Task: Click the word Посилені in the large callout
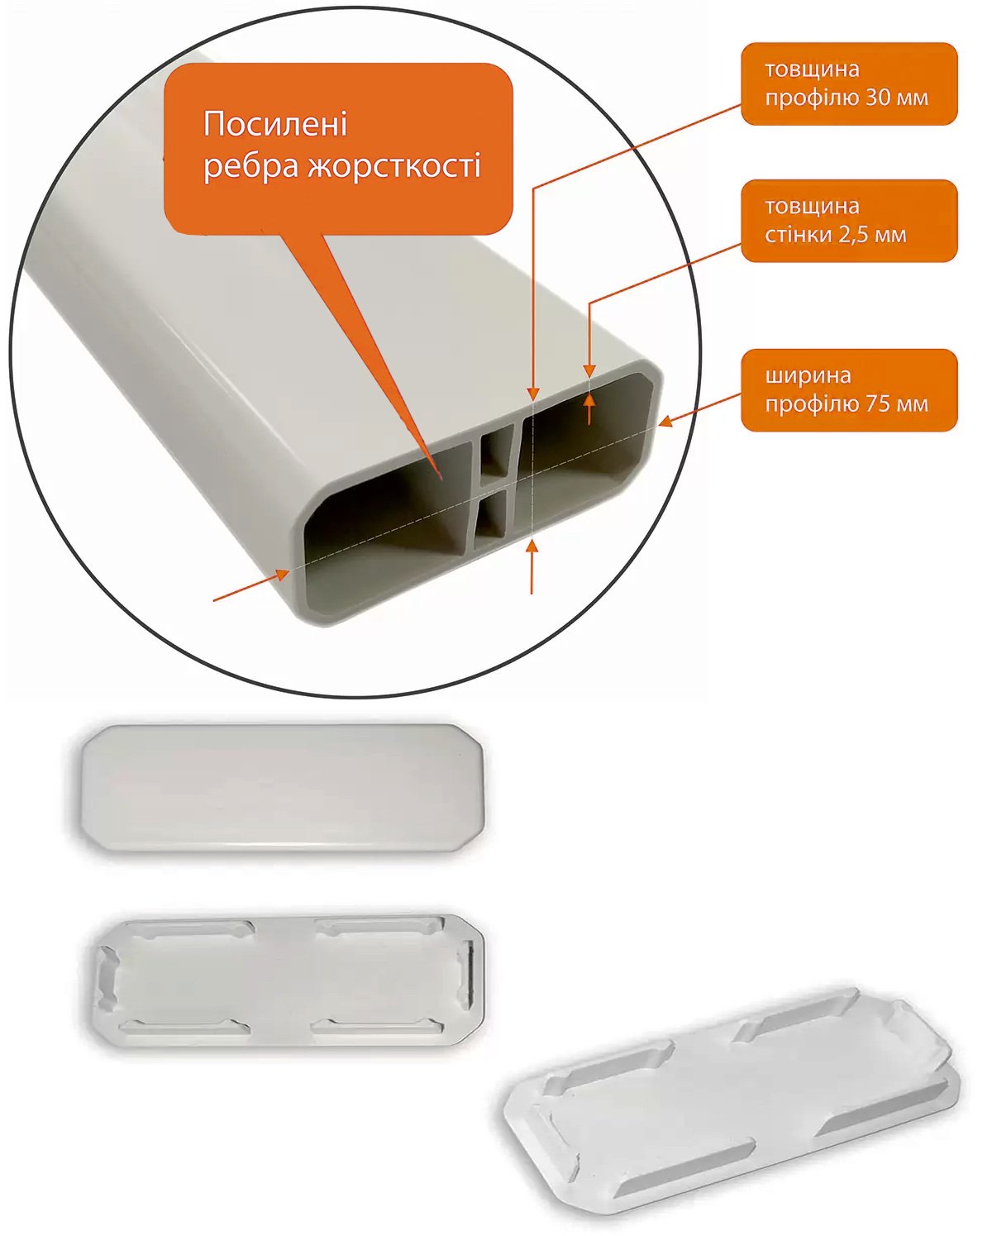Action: (x=275, y=124)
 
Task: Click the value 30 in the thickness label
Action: (x=878, y=98)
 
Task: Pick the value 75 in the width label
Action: (x=878, y=404)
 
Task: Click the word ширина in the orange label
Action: (x=808, y=376)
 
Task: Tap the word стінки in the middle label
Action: (x=799, y=234)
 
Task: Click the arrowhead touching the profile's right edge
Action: (x=665, y=422)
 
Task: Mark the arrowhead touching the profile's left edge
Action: (x=283, y=574)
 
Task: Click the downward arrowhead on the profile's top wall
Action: (x=589, y=371)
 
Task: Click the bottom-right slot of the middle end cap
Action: (x=378, y=1026)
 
